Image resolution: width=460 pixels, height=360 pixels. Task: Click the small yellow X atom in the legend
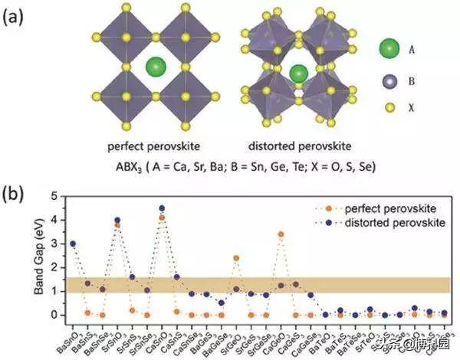[x=389, y=108]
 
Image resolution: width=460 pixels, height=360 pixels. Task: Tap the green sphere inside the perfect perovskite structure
[x=156, y=66]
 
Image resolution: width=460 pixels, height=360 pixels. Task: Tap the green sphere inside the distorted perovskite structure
[x=298, y=74]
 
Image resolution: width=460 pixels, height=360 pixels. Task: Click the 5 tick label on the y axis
[x=54, y=197]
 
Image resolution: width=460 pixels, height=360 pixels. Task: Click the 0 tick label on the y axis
[x=54, y=315]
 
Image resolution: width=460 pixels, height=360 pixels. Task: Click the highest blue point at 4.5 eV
[x=162, y=208]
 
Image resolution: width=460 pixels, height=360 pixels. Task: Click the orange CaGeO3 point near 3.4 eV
[x=281, y=234]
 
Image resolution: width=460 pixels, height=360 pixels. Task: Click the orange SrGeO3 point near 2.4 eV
[x=236, y=258]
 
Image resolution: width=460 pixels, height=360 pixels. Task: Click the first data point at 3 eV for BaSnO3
[x=73, y=244]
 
